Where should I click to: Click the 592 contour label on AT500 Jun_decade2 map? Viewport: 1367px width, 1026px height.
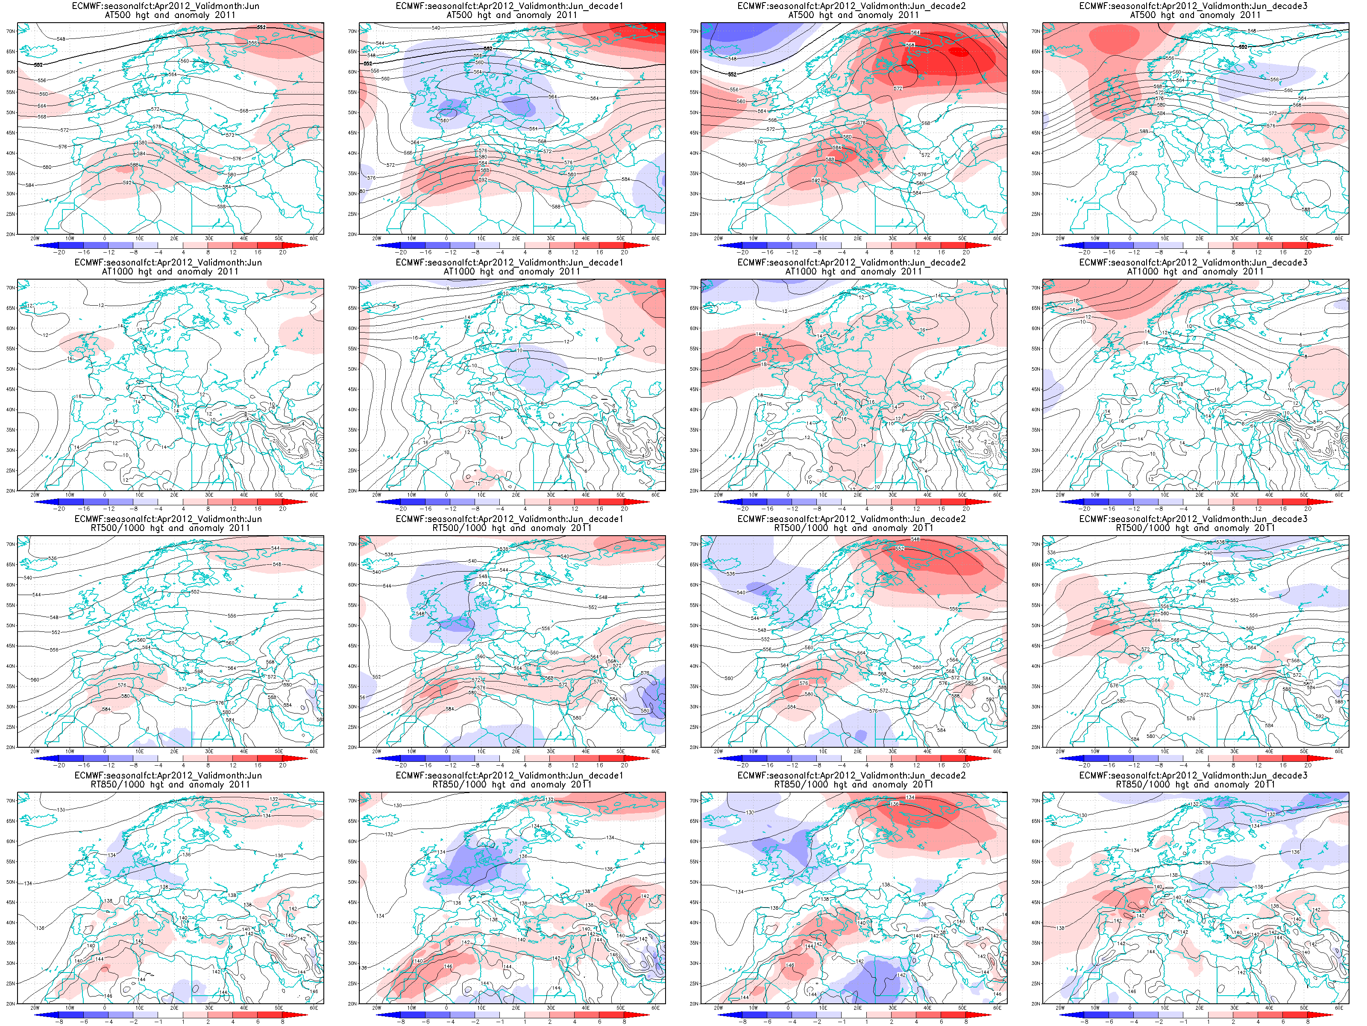(816, 180)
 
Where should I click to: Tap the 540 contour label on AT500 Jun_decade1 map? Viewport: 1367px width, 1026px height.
(436, 28)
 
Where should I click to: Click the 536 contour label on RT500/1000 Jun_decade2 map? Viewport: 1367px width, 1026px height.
(731, 573)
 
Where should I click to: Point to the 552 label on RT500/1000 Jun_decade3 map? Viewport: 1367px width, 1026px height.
(1234, 600)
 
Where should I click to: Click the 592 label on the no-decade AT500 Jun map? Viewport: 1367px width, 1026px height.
(127, 183)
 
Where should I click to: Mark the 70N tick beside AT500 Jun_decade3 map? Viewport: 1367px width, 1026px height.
(1036, 31)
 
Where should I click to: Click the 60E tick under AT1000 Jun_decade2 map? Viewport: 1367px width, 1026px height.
(997, 495)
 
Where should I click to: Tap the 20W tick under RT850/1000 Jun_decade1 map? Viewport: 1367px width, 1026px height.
(376, 1008)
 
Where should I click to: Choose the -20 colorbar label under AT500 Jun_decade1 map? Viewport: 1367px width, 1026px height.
(402, 252)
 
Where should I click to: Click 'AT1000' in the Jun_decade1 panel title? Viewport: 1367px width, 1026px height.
(461, 271)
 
